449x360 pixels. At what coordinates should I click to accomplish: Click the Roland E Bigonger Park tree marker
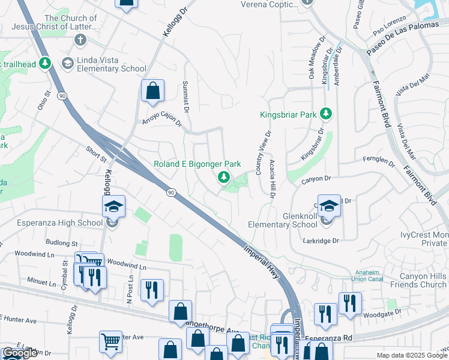pyautogui.click(x=224, y=176)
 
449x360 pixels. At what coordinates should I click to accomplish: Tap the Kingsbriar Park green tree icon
pyautogui.click(x=326, y=113)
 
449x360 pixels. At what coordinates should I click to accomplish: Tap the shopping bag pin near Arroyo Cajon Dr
pyautogui.click(x=152, y=92)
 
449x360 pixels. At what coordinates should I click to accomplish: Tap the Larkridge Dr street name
pyautogui.click(x=322, y=240)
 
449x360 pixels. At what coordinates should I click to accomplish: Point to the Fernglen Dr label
pyautogui.click(x=379, y=161)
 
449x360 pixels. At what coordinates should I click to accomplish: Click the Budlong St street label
pyautogui.click(x=62, y=243)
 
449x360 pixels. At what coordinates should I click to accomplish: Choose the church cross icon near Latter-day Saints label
pyautogui.click(x=79, y=40)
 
